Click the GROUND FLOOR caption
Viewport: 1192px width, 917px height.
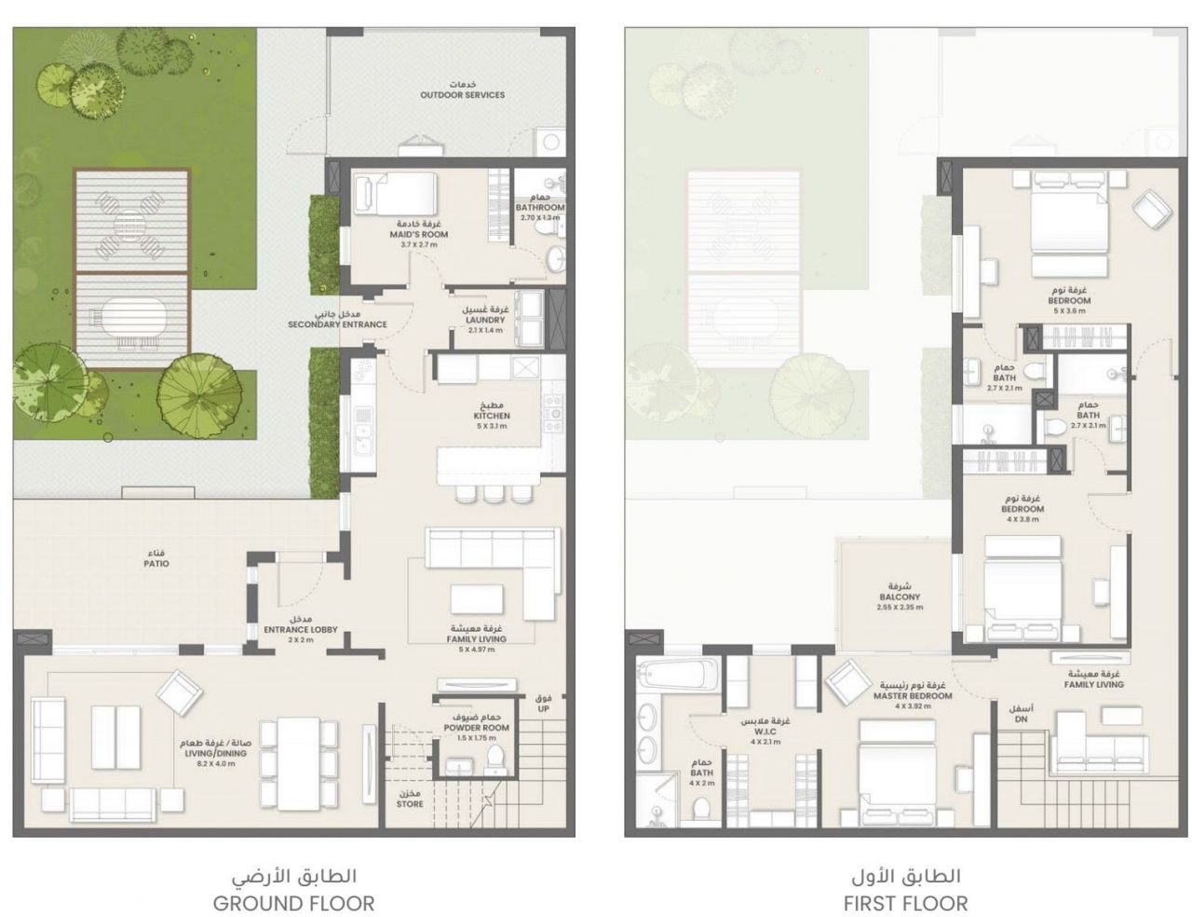click(293, 902)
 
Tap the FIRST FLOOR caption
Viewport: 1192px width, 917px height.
click(905, 902)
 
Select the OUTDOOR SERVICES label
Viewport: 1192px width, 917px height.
click(462, 95)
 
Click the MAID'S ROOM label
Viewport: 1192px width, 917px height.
click(418, 234)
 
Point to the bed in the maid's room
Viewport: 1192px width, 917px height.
click(396, 194)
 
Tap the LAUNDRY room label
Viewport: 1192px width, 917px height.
click(484, 320)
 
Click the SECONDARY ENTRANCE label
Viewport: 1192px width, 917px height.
click(337, 324)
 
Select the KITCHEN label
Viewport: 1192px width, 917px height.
click(493, 416)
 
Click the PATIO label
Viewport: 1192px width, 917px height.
click(156, 564)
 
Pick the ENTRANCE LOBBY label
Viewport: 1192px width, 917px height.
click(300, 629)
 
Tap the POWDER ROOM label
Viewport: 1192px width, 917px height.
click(476, 727)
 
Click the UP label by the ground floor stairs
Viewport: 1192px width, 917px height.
click(544, 708)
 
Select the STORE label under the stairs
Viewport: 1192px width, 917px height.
click(410, 803)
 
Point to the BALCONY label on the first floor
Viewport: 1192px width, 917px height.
click(899, 597)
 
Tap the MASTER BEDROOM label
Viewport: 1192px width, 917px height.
click(913, 695)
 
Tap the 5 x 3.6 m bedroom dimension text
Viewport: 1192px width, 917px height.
click(1069, 311)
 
